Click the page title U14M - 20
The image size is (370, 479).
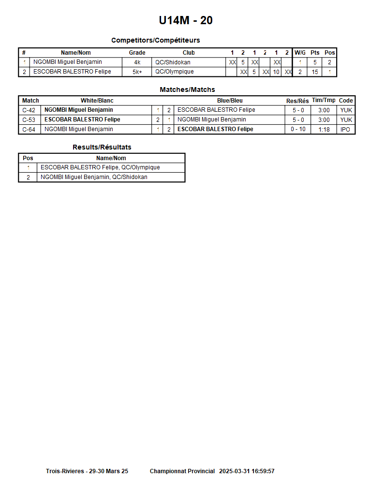[x=186, y=20]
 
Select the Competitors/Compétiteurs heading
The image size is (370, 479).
[x=155, y=40]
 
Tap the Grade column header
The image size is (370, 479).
[x=137, y=53]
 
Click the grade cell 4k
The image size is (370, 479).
[x=137, y=62]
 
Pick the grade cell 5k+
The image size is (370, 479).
[x=137, y=72]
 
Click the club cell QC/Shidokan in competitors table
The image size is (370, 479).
[x=173, y=62]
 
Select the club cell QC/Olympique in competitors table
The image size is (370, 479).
[x=174, y=72]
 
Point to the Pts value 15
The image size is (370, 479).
[x=315, y=72]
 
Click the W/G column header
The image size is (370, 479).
[x=300, y=53]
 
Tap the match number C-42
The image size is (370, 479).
[x=29, y=110]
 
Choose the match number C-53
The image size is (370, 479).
[x=29, y=120]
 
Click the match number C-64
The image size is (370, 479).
[x=29, y=130]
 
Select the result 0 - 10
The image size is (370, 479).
[x=298, y=130]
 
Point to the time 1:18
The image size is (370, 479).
[x=324, y=130]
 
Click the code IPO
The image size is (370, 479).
[x=345, y=130]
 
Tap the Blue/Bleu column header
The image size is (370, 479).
[x=230, y=101]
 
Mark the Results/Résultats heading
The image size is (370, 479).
[x=102, y=147]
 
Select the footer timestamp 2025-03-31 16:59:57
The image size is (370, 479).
[x=247, y=471]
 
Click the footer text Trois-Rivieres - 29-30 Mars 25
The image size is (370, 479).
[x=87, y=471]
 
